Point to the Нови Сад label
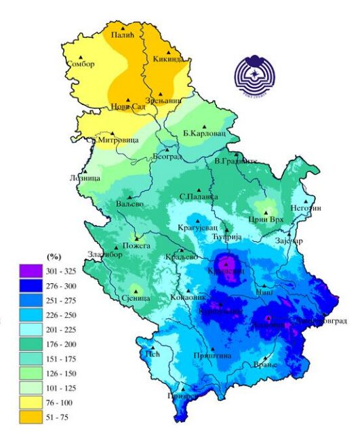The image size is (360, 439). coord(129,108)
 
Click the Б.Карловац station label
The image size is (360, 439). coord(204,133)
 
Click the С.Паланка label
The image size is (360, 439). coord(199,197)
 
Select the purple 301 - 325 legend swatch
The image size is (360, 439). coord(31,271)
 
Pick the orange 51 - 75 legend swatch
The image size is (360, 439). coord(31,417)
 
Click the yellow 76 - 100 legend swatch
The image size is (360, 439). coord(31,403)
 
